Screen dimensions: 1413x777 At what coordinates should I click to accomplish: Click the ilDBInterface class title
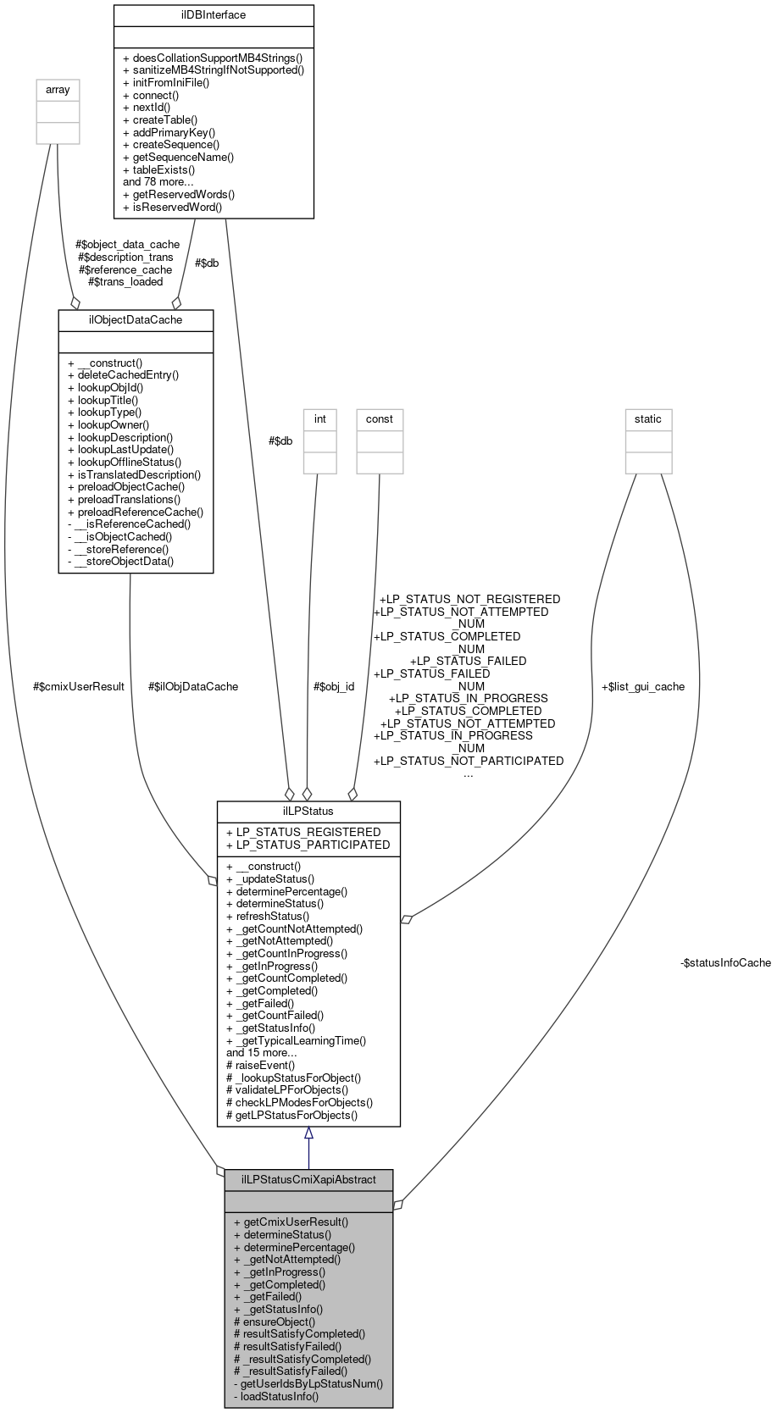click(x=214, y=15)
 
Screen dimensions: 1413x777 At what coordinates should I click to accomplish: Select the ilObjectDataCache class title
click(x=136, y=319)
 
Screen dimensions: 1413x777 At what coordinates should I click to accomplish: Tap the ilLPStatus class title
click(x=308, y=811)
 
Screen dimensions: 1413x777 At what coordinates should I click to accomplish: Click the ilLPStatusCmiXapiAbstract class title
click(x=308, y=1179)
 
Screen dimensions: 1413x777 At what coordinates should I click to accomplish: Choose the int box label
click(x=320, y=419)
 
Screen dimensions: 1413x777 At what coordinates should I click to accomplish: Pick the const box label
click(x=380, y=419)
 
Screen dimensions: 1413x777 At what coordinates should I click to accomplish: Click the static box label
click(x=648, y=419)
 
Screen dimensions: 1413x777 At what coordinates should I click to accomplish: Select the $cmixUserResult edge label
click(x=79, y=686)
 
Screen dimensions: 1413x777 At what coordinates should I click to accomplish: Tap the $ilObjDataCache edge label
click(x=193, y=686)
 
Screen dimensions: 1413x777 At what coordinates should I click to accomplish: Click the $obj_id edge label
click(x=334, y=686)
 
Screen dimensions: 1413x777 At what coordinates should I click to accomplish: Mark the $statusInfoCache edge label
click(x=725, y=962)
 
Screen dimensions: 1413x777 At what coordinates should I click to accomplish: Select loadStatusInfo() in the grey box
click(x=280, y=1395)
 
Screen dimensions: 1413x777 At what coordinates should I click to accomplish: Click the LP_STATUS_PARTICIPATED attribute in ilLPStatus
click(x=308, y=845)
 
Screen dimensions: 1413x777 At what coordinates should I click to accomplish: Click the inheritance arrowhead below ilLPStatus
click(x=308, y=1133)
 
